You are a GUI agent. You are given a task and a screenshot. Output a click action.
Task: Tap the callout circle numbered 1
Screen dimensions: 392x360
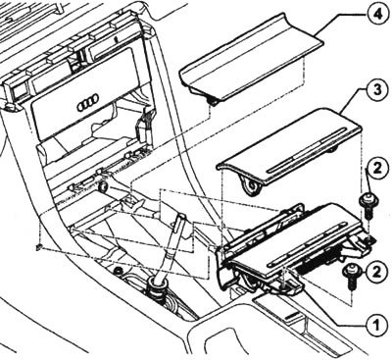click(376, 325)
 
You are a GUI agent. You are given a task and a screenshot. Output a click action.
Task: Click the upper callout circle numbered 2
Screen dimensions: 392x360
click(376, 169)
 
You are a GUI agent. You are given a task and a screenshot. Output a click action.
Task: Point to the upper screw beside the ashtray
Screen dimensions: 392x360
click(367, 206)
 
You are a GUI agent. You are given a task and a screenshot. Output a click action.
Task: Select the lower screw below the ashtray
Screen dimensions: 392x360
click(351, 277)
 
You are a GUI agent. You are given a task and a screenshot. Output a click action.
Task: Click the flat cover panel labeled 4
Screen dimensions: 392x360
click(250, 59)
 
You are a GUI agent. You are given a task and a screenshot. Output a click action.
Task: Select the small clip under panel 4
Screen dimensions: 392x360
click(214, 102)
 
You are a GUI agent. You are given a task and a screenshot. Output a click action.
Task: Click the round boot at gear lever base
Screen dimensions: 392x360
click(156, 287)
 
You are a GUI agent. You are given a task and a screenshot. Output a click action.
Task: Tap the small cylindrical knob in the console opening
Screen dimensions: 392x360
click(104, 187)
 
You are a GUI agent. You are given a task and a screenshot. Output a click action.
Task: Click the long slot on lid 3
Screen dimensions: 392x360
click(307, 150)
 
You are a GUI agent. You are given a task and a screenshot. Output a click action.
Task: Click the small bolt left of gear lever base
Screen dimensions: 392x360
click(118, 271)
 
